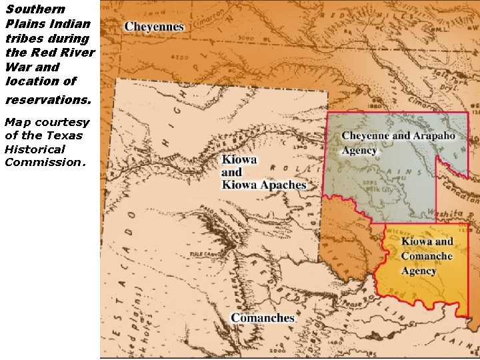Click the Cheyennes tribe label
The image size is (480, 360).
coord(154,27)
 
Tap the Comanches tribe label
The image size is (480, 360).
coord(263,318)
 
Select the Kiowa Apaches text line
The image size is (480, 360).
coord(264,185)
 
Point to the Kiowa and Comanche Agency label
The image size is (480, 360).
coord(427,256)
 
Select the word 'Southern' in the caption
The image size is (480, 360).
coord(35,9)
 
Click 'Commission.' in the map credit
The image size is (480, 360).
coord(45,162)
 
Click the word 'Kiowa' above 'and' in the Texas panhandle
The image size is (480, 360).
coord(239,161)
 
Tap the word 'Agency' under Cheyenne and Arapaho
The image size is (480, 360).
coord(360,151)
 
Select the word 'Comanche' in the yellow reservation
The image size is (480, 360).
coord(427,256)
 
